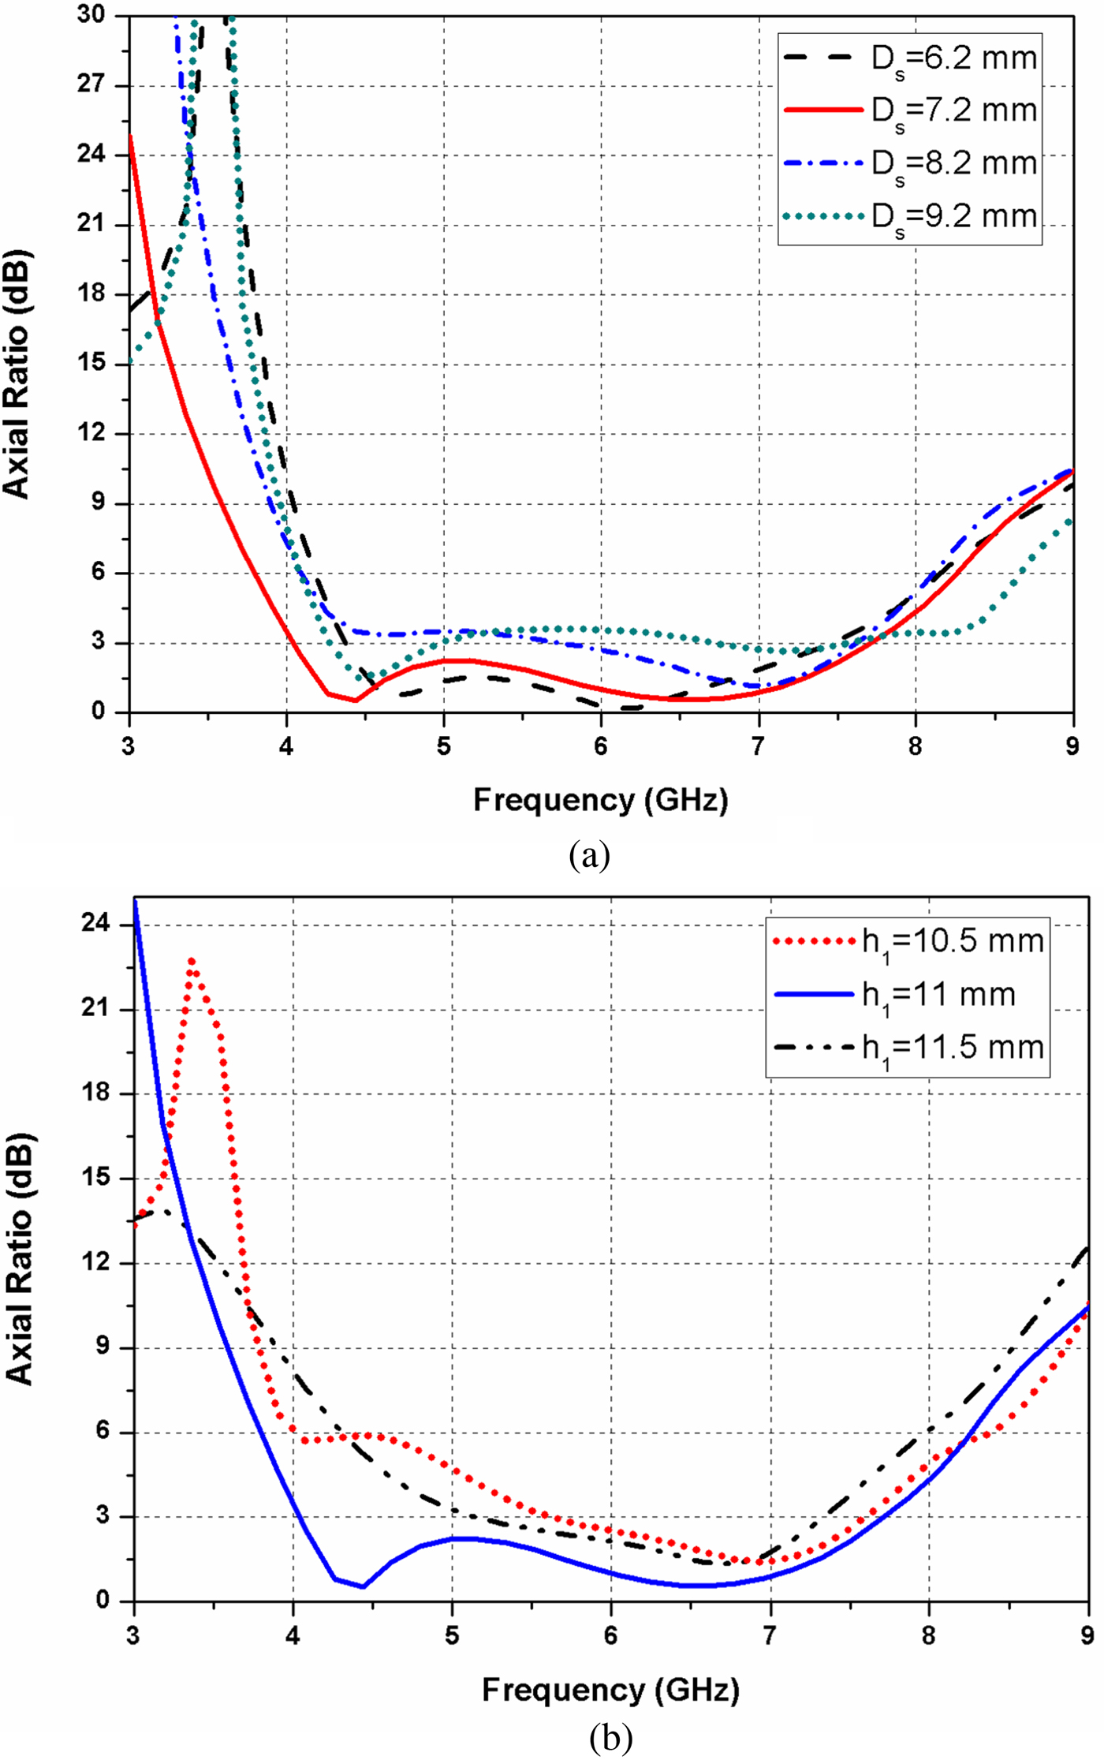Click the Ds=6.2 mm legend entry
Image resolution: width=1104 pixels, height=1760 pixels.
coord(911,59)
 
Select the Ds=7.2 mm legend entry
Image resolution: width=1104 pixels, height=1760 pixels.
coord(911,111)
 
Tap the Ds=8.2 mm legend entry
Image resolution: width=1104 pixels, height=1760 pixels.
coord(911,164)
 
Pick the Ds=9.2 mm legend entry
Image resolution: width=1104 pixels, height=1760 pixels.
coord(911,217)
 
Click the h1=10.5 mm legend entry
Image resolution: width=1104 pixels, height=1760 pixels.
coord(909,942)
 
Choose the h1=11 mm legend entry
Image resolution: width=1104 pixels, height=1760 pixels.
coord(895,995)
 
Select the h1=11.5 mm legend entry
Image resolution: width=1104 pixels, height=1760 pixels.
coord(909,1048)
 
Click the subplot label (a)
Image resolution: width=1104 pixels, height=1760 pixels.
coord(590,855)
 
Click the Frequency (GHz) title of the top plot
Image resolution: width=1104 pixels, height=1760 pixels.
coord(601,801)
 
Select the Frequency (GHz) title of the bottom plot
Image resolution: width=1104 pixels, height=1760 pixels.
coord(611,1690)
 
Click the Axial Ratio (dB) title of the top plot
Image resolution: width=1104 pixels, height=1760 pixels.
coord(17,374)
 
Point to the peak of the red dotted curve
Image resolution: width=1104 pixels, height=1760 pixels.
coord(192,960)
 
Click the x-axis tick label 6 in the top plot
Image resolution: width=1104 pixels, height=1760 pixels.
coord(601,746)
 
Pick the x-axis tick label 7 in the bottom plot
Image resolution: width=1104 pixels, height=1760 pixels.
coord(770,1635)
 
